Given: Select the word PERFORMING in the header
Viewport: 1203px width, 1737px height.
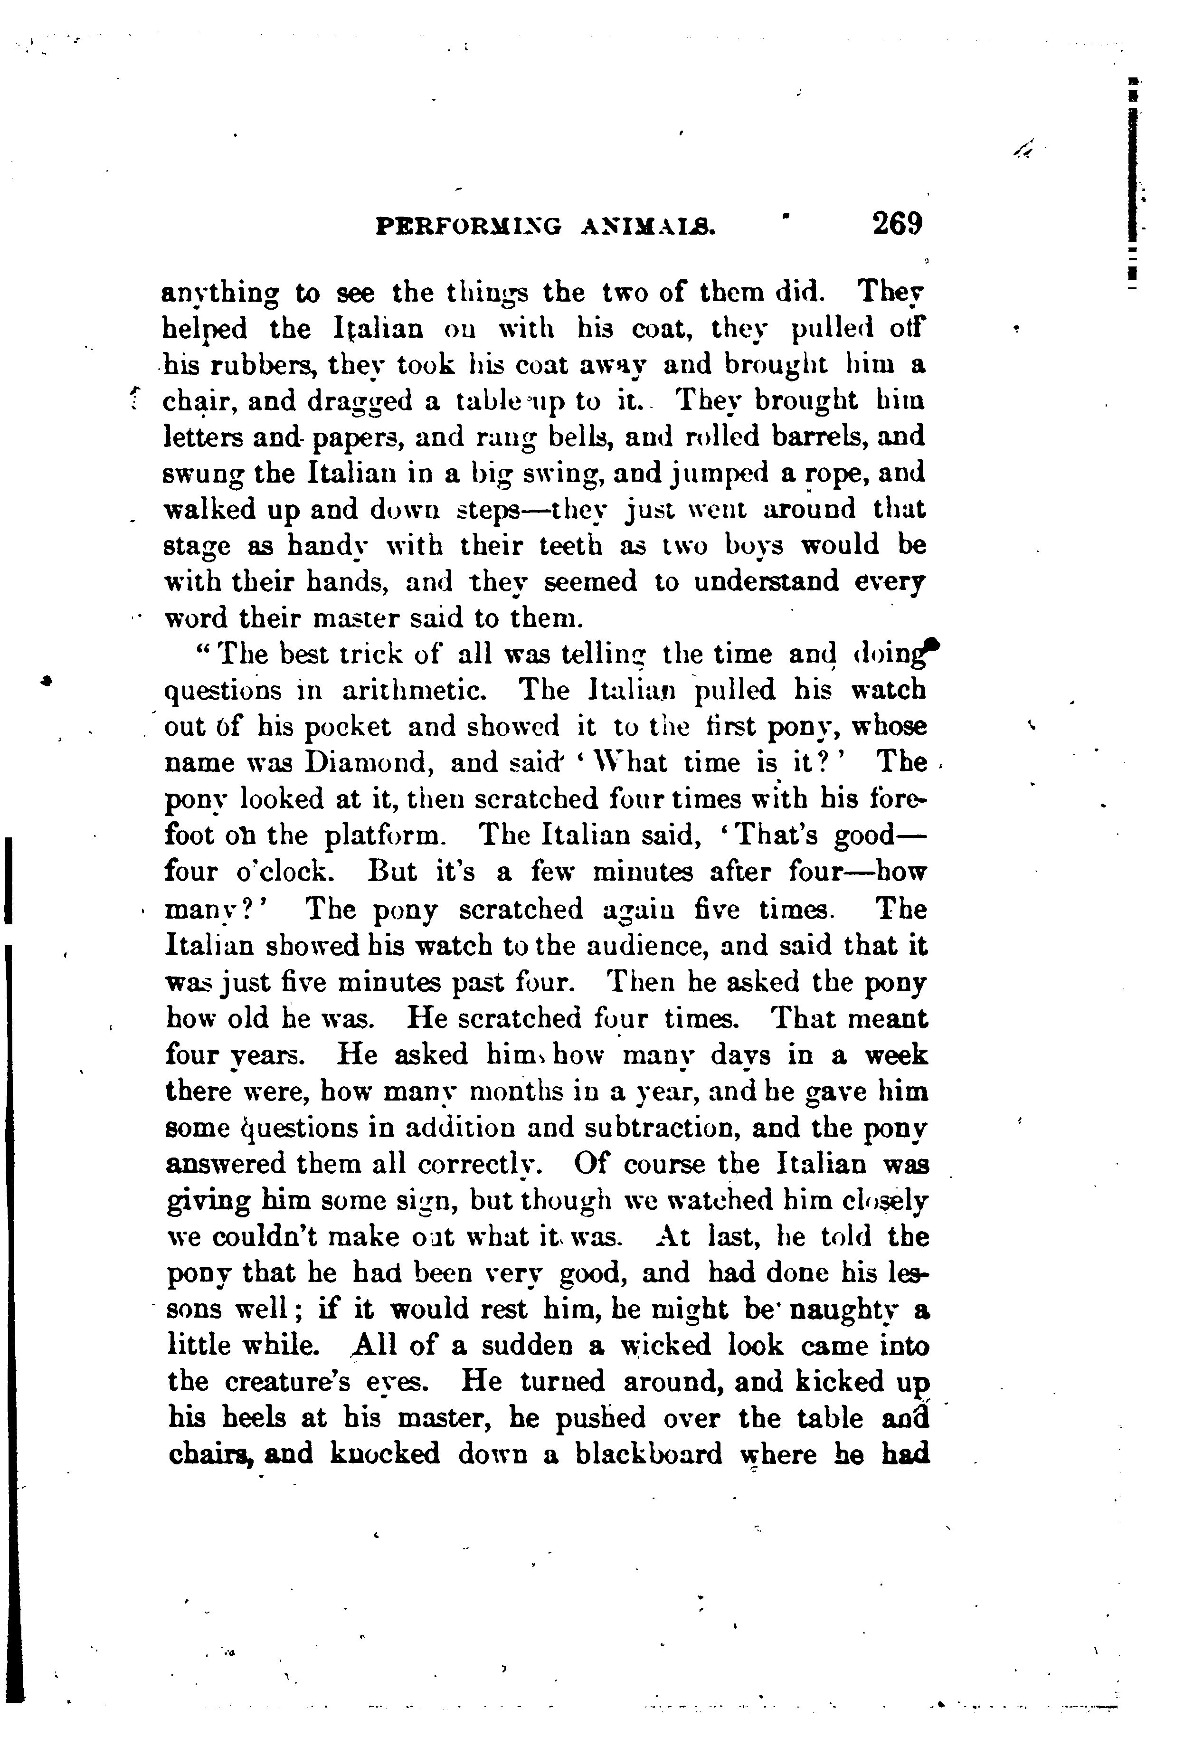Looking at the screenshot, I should point(468,226).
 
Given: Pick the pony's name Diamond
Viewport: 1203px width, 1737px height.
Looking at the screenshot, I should point(368,762).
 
